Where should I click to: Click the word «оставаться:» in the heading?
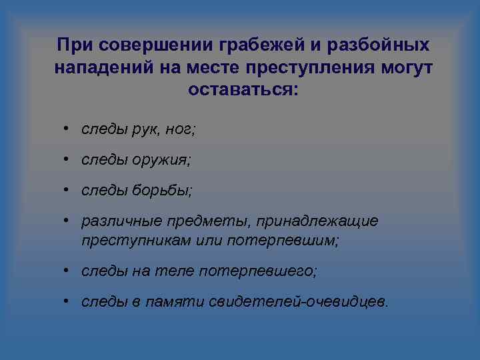pos(245,89)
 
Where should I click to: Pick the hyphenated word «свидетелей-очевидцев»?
pos(297,302)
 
